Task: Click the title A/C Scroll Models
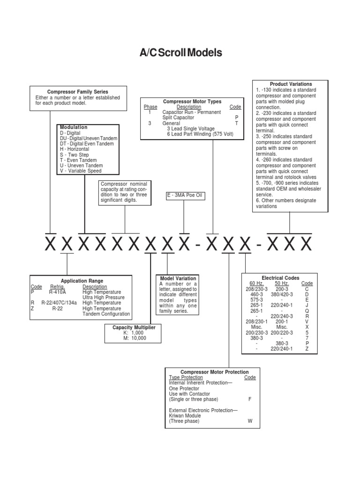[x=180, y=53]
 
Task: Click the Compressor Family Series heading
[x=78, y=92]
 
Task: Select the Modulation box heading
[x=74, y=127]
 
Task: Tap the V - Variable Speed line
[x=81, y=171]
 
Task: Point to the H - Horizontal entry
[x=74, y=149]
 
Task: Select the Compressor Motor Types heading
[x=192, y=101]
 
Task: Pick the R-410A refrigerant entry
[x=57, y=292]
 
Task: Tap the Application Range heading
[x=82, y=281]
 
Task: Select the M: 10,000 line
[x=134, y=338]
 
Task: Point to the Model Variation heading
[x=178, y=278]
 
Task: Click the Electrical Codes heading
[x=280, y=278]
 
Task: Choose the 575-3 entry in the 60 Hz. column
[x=256, y=300]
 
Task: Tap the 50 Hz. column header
[x=282, y=284]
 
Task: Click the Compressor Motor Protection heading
[x=215, y=372]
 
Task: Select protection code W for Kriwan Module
[x=250, y=421]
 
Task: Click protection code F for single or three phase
[x=250, y=399]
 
